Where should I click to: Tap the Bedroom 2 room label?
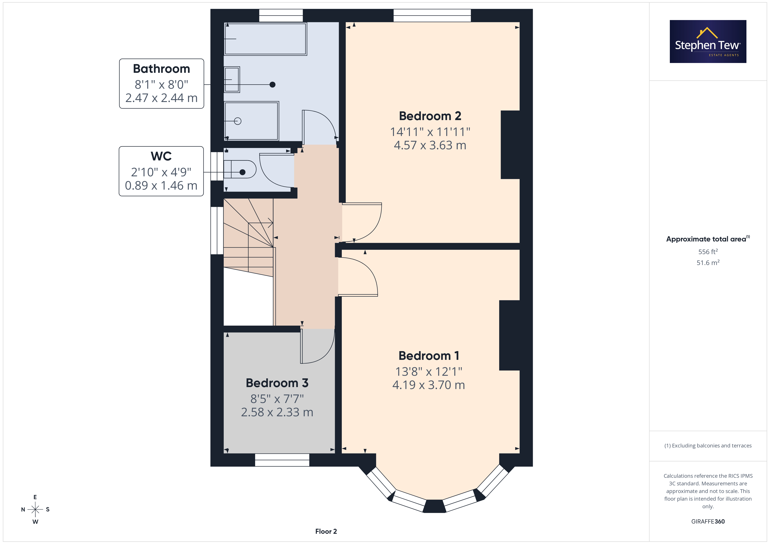tap(430, 116)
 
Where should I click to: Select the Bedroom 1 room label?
tap(429, 355)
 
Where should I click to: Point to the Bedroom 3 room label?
tap(277, 383)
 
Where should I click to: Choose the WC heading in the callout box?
tap(161, 156)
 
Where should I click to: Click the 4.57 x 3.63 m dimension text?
tap(430, 145)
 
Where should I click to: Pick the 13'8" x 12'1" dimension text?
tap(429, 371)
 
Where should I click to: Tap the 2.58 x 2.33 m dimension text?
tap(277, 412)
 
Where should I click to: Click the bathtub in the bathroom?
tap(265, 39)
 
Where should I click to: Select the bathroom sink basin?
tap(232, 79)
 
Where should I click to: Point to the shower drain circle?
tap(238, 121)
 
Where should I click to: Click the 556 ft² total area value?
tap(708, 252)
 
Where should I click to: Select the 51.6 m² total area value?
tap(708, 263)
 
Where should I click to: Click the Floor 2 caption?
tap(326, 531)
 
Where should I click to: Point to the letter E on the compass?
tap(35, 497)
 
